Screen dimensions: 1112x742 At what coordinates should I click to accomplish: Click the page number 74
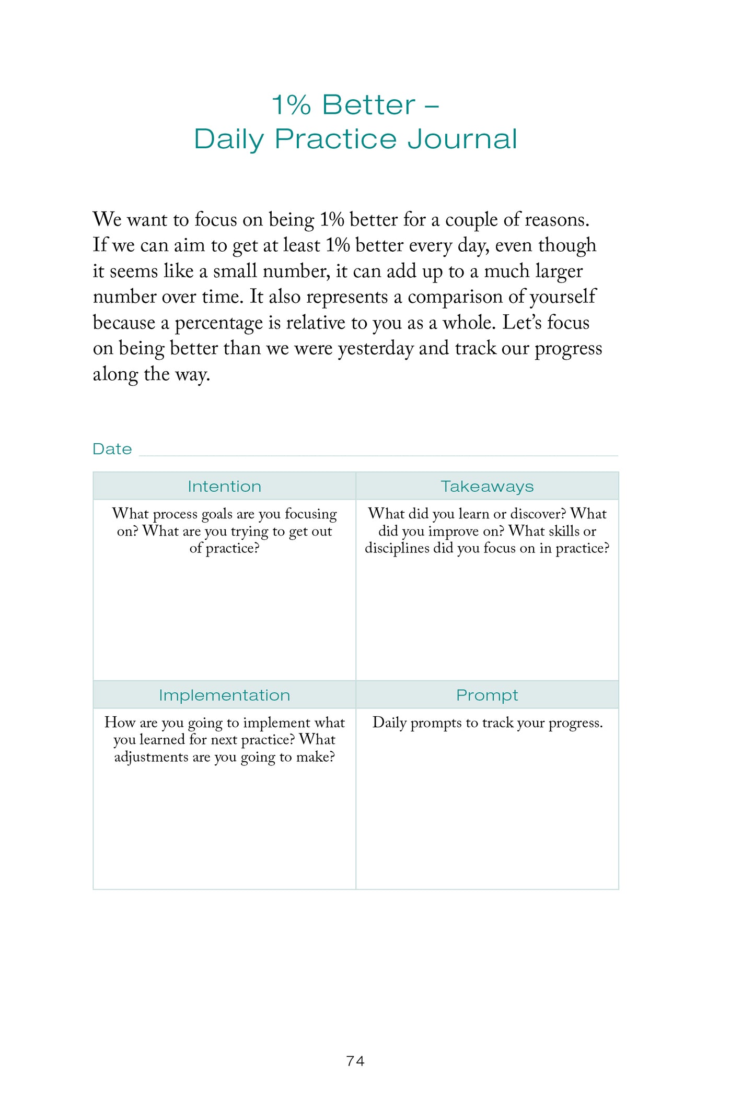(355, 1061)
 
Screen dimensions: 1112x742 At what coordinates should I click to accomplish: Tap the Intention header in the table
(224, 487)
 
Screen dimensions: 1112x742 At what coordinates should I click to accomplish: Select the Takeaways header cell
(487, 487)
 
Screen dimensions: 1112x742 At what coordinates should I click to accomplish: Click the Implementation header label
(224, 695)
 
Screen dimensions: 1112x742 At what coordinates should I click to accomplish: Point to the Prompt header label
(487, 695)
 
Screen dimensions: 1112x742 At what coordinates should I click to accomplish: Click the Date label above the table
(112, 449)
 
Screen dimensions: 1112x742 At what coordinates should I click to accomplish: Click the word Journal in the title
(462, 139)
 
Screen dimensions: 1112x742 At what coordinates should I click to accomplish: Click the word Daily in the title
(228, 139)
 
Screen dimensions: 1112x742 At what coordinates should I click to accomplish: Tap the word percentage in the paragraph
(218, 323)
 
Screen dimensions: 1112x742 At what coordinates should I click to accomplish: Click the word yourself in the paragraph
(562, 297)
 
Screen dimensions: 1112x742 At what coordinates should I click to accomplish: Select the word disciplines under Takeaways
(397, 548)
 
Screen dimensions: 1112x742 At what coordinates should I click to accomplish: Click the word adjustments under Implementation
(151, 757)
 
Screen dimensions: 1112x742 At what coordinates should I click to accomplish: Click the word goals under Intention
(217, 514)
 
